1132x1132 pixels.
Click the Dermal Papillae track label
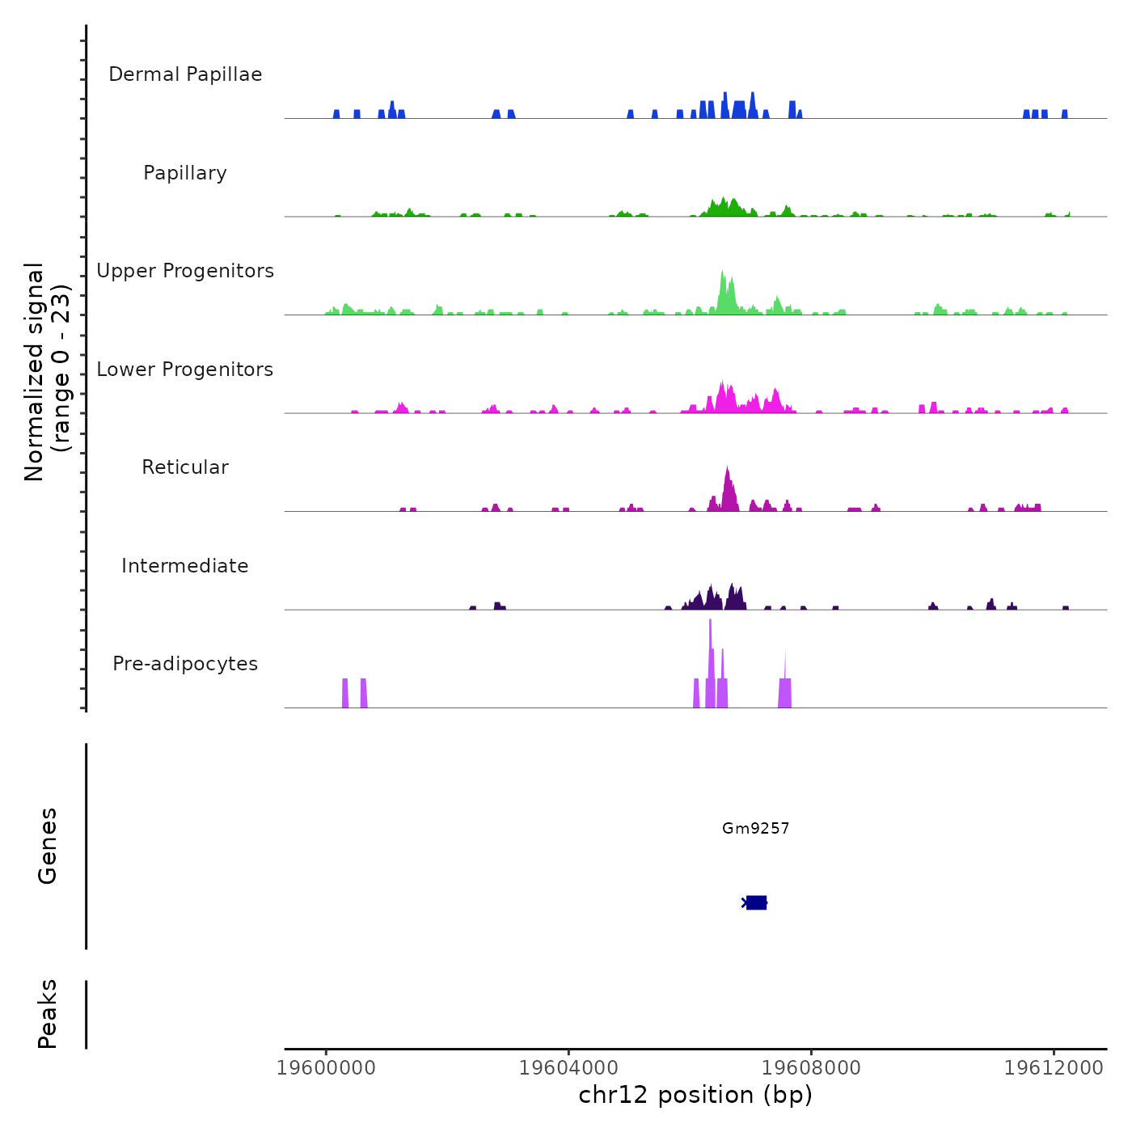pyautogui.click(x=185, y=74)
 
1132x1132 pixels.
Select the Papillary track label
pyautogui.click(x=185, y=173)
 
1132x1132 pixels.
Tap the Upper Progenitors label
pyautogui.click(x=185, y=271)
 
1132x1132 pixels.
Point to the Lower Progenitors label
pyautogui.click(x=185, y=370)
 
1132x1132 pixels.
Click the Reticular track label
pyautogui.click(x=185, y=467)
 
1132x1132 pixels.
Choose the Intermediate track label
pyautogui.click(x=185, y=566)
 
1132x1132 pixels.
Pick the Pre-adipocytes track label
pyautogui.click(x=185, y=664)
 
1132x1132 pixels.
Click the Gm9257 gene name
pyautogui.click(x=755, y=828)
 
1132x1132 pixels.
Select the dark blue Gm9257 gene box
pyautogui.click(x=756, y=902)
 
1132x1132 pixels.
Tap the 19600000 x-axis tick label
pyautogui.click(x=326, y=1068)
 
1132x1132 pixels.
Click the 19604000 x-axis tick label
pyautogui.click(x=568, y=1068)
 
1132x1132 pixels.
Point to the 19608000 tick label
pyautogui.click(x=811, y=1068)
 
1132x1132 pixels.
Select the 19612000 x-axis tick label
pyautogui.click(x=1054, y=1068)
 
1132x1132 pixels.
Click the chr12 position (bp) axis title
pyautogui.click(x=695, y=1095)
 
